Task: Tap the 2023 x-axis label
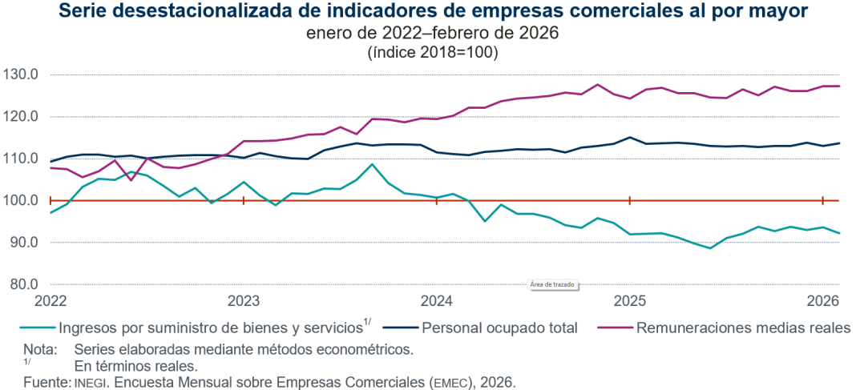[243, 301]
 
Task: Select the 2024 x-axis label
[437, 301]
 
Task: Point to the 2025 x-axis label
[630, 301]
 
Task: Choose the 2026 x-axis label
[823, 301]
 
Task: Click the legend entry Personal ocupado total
[499, 328]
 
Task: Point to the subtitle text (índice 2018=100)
[432, 53]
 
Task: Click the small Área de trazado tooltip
[553, 283]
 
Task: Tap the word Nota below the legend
[38, 349]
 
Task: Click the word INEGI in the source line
[93, 382]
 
